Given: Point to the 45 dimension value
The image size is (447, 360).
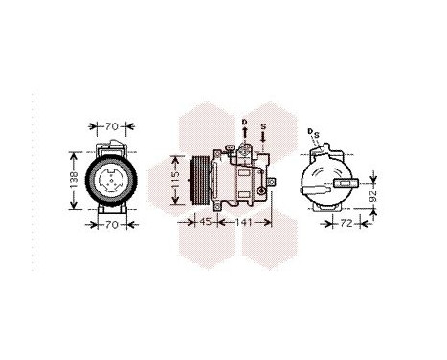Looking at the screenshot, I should [x=205, y=224].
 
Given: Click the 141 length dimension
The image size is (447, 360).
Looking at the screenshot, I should [x=246, y=224].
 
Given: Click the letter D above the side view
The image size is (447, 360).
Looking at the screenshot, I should [x=244, y=122].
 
